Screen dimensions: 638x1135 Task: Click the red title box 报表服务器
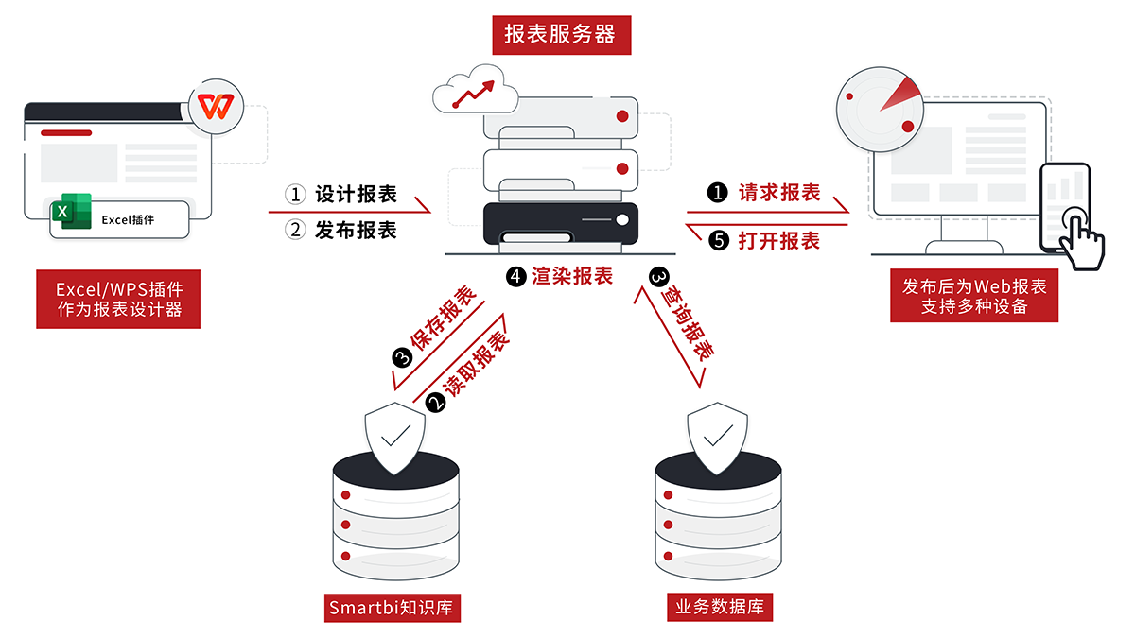click(x=560, y=35)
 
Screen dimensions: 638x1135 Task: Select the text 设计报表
click(x=356, y=195)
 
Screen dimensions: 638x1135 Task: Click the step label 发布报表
click(x=356, y=230)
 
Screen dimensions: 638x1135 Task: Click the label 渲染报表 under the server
click(x=572, y=276)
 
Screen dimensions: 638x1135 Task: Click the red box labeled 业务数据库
click(x=720, y=607)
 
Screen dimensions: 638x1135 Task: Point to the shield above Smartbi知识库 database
click(x=394, y=437)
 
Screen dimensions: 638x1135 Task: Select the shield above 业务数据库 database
click(x=719, y=437)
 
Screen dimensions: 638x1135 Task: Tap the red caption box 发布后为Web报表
click(x=974, y=297)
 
